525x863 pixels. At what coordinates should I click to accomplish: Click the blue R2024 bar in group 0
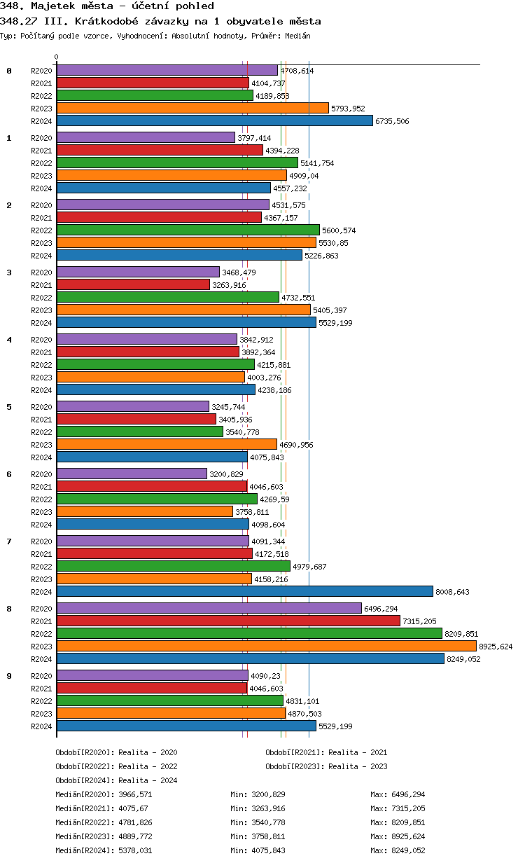point(214,120)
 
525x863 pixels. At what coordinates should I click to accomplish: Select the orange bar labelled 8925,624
point(266,646)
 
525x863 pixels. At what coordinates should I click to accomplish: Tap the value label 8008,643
point(452,592)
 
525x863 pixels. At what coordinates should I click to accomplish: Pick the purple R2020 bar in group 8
point(209,608)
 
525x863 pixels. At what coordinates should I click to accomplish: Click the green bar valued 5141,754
point(177,163)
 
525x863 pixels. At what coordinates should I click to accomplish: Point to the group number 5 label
point(9,407)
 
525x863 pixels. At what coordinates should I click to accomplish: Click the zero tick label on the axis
point(57,57)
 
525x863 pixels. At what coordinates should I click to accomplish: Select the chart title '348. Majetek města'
point(107,6)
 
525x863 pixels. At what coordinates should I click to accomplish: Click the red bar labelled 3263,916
point(133,284)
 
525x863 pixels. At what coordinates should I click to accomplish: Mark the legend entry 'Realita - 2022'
point(148,766)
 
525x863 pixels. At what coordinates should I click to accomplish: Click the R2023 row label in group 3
point(41,310)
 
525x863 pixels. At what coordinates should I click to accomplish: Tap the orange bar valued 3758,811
point(144,511)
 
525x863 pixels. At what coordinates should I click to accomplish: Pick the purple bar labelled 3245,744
point(132,406)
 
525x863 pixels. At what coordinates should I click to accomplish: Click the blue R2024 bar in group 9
point(186,726)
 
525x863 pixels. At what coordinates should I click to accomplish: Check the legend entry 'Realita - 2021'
point(358,752)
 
